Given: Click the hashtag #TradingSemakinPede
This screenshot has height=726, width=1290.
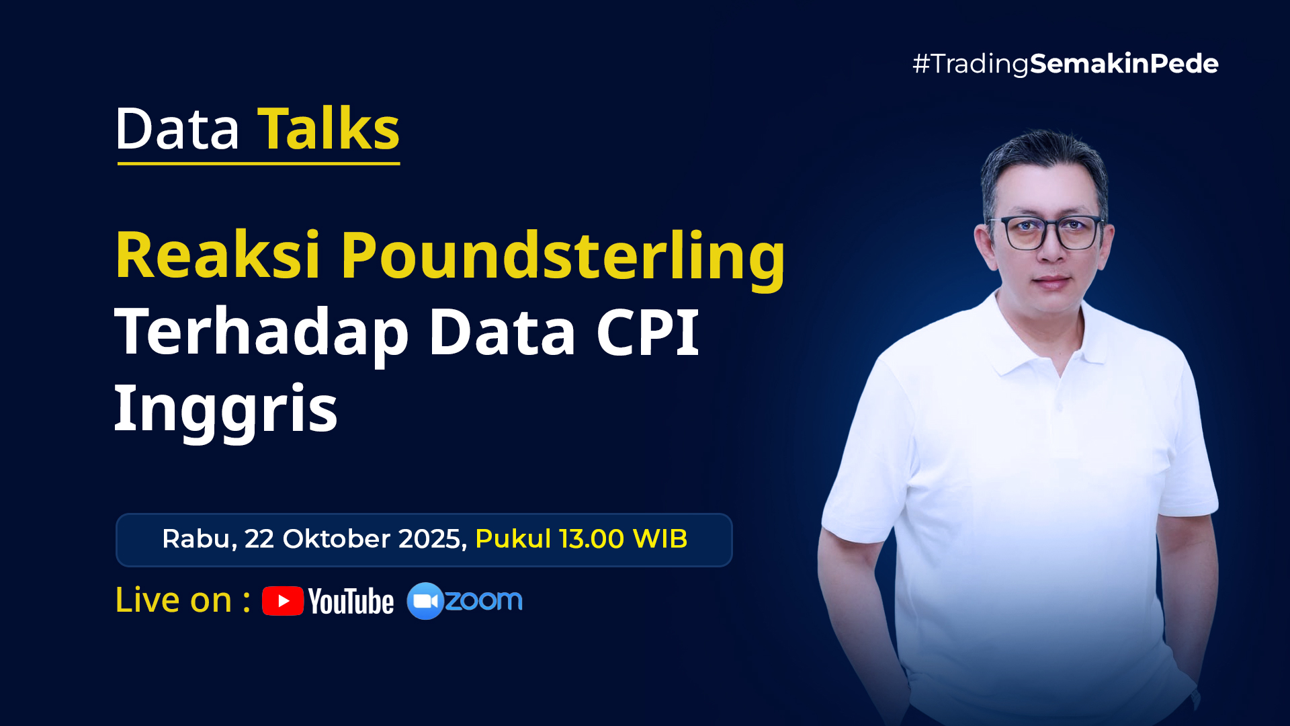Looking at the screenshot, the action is pos(1065,64).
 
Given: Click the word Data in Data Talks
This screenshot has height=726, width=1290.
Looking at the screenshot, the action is pos(177,128).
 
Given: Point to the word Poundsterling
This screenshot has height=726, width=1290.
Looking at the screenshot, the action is pos(563,259).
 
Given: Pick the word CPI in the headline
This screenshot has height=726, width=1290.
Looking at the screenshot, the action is pos(648,331).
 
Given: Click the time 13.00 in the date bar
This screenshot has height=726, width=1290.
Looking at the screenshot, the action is pos(591,539).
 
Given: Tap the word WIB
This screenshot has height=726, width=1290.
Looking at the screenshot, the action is pos(660,539).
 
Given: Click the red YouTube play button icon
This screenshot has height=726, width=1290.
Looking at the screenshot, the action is pos(283,601).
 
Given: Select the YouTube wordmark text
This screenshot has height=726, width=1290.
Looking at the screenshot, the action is pos(351,602).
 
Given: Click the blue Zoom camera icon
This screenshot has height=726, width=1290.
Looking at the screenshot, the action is pos(425,601).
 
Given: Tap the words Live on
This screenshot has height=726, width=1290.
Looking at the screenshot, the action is pos(173,600).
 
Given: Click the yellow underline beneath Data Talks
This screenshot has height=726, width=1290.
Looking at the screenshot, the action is pos(259,163).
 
